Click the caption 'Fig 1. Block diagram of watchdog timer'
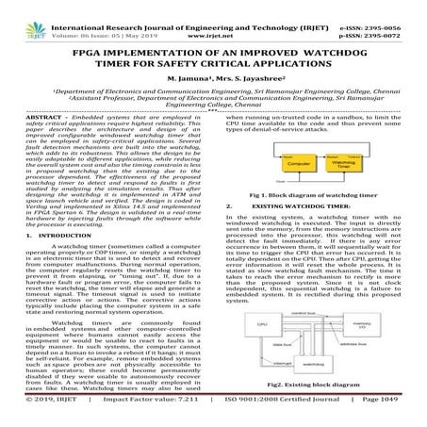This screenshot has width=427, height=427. [x=318, y=194]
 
